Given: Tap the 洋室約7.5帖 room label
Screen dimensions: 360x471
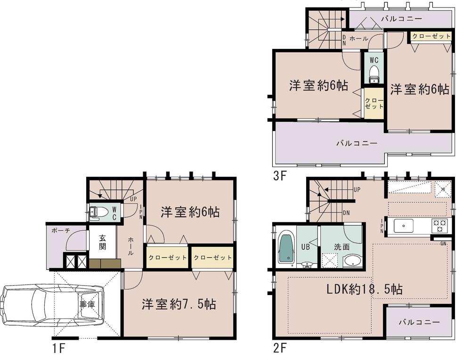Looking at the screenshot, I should [179, 304].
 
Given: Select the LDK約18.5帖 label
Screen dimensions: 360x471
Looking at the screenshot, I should [365, 289].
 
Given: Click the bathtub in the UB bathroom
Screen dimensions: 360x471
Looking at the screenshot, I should [286, 248].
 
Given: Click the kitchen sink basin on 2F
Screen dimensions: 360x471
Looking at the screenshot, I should [403, 225].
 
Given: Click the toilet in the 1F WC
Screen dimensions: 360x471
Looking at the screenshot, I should [99, 213].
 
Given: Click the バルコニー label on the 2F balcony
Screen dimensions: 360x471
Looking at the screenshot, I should [419, 322].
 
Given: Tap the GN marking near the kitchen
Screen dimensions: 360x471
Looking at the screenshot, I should [443, 243].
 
